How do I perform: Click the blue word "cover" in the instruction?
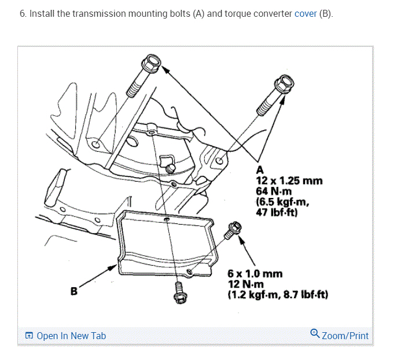[306, 13]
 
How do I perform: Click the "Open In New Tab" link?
[71, 336]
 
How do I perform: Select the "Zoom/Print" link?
[345, 336]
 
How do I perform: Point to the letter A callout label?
[259, 170]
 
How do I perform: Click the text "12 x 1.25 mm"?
[289, 180]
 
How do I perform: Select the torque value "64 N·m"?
[275, 190]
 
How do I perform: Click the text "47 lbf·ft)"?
[277, 211]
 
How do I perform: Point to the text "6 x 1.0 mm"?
[251, 273]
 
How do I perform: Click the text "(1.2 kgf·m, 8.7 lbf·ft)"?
[278, 294]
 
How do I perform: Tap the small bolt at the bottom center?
[178, 292]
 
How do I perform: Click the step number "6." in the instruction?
[23, 13]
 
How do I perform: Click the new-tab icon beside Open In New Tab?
[29, 336]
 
